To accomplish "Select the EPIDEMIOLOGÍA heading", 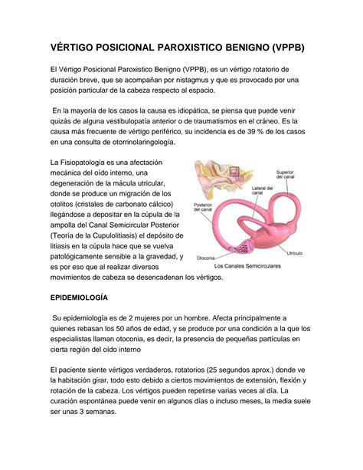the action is pyautogui.click(x=79, y=296).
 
